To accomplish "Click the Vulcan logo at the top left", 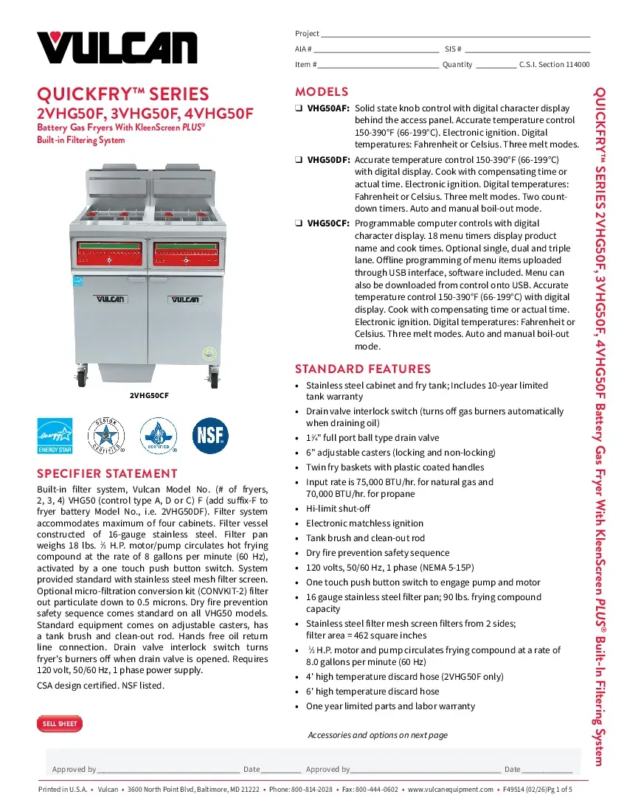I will tap(117, 47).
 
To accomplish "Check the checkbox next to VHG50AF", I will tap(299, 108).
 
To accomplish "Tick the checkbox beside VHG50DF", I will tap(299, 160).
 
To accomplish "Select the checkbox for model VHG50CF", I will tap(299, 223).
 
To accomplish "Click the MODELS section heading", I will tap(322, 92).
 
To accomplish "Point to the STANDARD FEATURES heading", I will tap(363, 369).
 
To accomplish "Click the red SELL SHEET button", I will tap(60, 724).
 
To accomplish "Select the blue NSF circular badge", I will tap(210, 436).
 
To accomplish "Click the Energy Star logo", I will tap(55, 436).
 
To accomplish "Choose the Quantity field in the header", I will tap(496, 65).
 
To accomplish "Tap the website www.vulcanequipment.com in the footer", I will tap(450, 790).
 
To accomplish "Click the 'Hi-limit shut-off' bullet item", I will tap(338, 509).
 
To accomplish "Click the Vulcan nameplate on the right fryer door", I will tap(187, 299).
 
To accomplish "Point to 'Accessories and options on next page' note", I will tap(377, 735).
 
